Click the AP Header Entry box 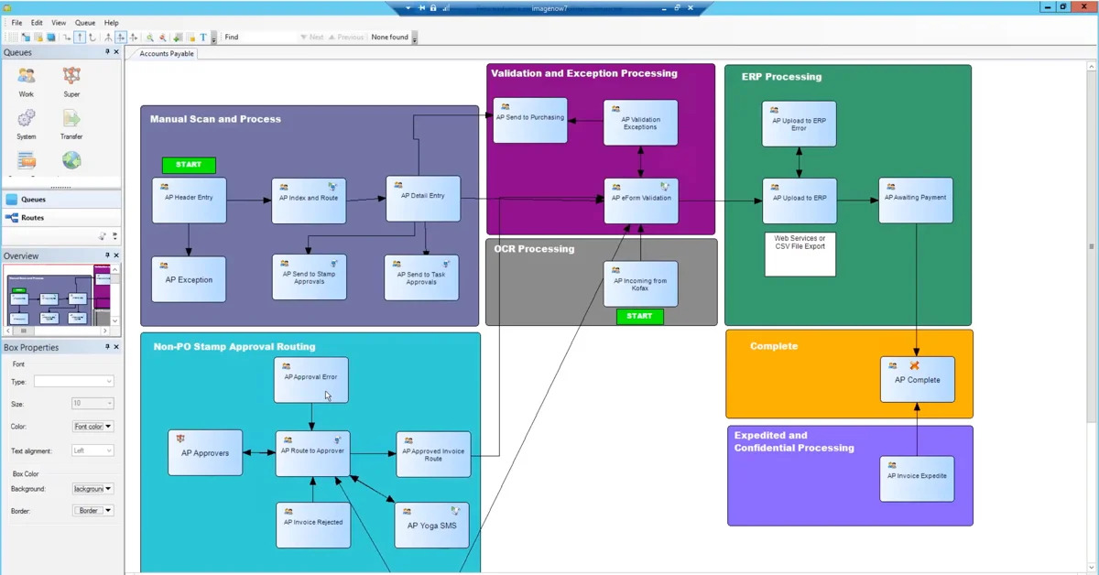189,200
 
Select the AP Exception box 189,279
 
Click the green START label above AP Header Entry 189,165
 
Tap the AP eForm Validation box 641,201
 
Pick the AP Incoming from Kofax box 640,284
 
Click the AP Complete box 917,379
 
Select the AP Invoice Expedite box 917,478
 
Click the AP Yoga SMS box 431,526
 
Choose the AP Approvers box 205,452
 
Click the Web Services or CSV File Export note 800,254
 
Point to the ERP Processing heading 781,77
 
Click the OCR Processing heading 534,249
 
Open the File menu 16,22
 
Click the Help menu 111,22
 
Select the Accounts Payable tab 167,54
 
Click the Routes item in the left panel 32,218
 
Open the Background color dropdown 93,489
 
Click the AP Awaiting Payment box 916,200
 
